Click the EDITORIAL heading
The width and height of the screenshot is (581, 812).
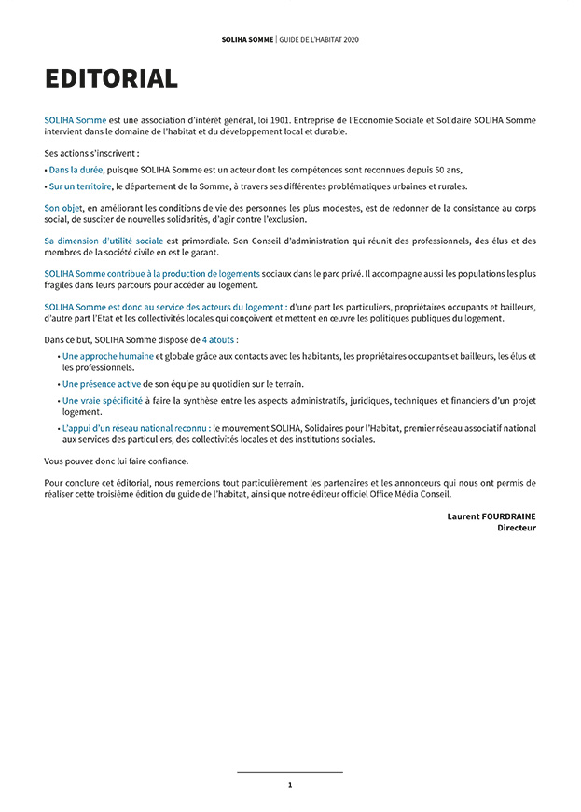pos(111,79)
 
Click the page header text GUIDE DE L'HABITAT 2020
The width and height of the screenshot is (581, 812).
pos(319,40)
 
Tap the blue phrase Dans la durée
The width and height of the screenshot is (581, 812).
pos(76,170)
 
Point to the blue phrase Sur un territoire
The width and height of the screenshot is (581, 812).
pos(80,186)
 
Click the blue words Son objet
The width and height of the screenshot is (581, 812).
pos(63,209)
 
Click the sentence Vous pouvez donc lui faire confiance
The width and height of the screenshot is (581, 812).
pos(116,461)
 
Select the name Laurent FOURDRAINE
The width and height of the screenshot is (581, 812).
pos(491,516)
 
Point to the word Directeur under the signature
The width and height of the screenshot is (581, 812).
pos(517,528)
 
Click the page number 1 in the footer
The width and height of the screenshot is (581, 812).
pos(290,785)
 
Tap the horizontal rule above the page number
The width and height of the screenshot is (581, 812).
pos(290,772)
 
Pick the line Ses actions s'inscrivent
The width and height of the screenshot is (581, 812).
pos(91,153)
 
